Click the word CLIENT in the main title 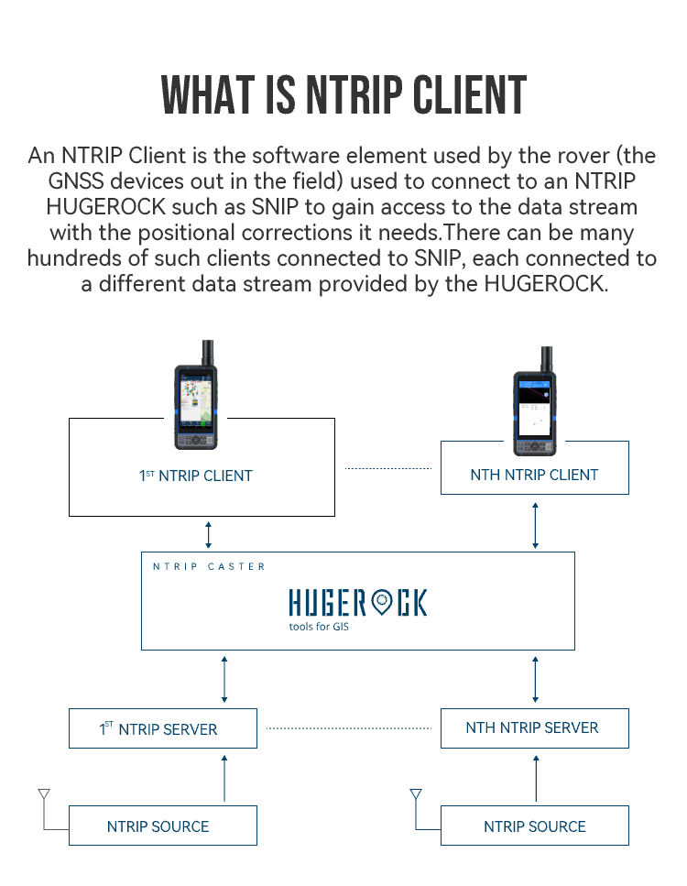click(x=470, y=95)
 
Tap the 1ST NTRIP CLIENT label click(x=195, y=476)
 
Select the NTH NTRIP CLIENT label click(x=534, y=476)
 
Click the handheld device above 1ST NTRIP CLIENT click(x=195, y=395)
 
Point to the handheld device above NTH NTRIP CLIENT click(x=534, y=401)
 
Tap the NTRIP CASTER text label click(x=209, y=566)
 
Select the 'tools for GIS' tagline click(x=319, y=627)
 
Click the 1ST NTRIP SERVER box click(x=163, y=728)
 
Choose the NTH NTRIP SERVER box click(x=534, y=728)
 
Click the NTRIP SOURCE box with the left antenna click(x=163, y=826)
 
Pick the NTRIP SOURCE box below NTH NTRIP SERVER click(x=534, y=826)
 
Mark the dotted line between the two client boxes click(x=388, y=468)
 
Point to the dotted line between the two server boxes click(x=349, y=728)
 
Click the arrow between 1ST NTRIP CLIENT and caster click(x=209, y=534)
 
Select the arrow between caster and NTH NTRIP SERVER click(x=535, y=679)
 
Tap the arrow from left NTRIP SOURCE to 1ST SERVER click(x=224, y=778)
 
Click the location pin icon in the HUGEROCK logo click(x=383, y=602)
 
